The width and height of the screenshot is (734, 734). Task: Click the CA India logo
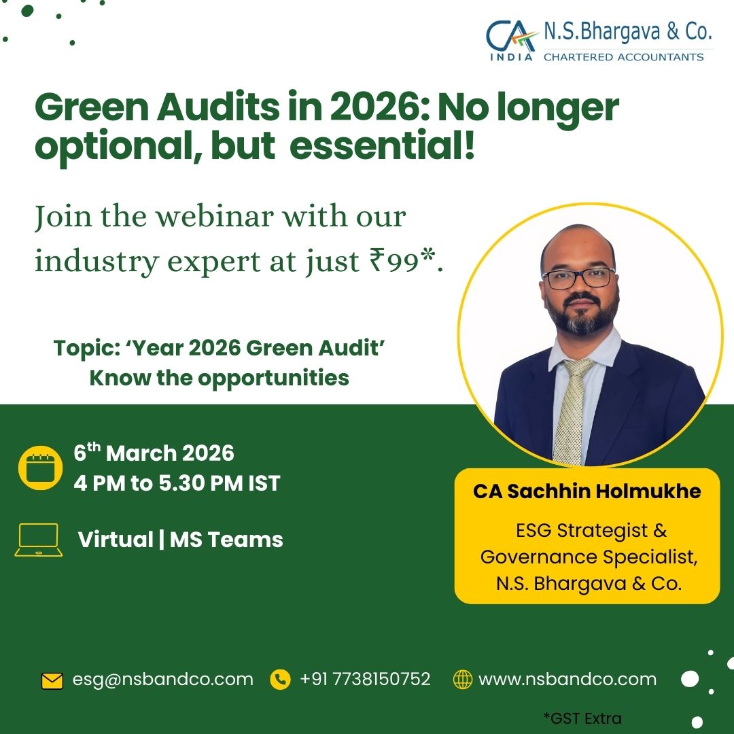[512, 40]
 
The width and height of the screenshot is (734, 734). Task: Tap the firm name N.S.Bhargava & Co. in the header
[627, 31]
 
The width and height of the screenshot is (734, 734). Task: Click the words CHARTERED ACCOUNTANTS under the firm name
[623, 57]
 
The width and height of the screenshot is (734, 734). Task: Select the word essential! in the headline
[382, 145]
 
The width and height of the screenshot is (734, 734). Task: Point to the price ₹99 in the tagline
[394, 260]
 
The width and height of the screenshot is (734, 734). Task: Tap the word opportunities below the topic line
[273, 379]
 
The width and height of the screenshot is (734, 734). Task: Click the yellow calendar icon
[40, 468]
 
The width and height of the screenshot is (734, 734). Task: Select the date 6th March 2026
[154, 453]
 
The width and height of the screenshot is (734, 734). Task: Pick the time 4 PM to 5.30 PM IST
[177, 483]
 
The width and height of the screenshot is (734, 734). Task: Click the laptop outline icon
[38, 540]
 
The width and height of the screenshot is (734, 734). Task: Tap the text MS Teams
[226, 539]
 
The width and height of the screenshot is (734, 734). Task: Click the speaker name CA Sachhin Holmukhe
[587, 491]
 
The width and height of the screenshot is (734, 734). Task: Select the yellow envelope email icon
[52, 680]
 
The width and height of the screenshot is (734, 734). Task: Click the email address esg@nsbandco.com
[162, 679]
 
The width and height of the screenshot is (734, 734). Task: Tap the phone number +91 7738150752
[365, 679]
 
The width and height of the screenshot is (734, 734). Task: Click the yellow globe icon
[463, 679]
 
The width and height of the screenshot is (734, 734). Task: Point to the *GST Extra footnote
[582, 718]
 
